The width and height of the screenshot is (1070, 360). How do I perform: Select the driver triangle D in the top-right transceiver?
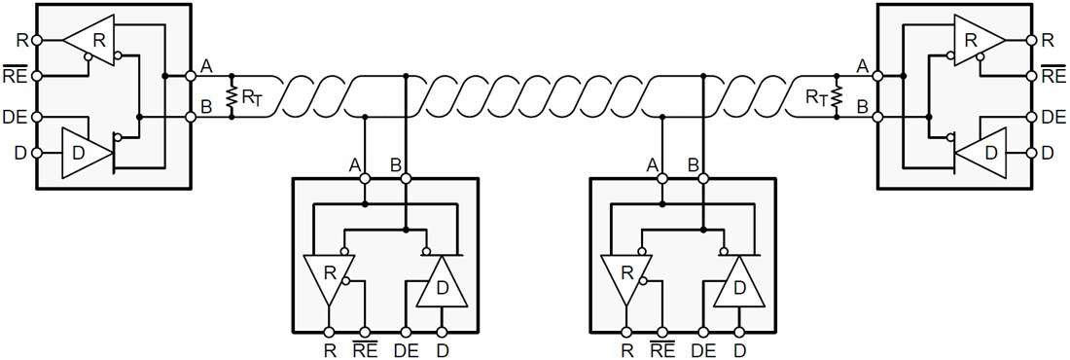pos(988,153)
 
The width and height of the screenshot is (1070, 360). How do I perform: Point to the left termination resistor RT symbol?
pos(232,96)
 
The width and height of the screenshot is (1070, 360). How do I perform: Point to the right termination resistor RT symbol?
pos(837,96)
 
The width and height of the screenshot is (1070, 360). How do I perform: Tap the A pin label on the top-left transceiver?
pos(206,65)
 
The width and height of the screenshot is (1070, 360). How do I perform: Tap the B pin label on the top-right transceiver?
pos(861,106)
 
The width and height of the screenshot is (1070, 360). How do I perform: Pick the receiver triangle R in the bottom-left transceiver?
pos(329,275)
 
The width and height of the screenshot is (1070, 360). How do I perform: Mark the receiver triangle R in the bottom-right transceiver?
pos(626,275)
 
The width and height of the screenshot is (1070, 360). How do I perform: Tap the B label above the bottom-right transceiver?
pos(693,165)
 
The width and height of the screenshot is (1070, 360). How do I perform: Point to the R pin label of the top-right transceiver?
pos(1048,41)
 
